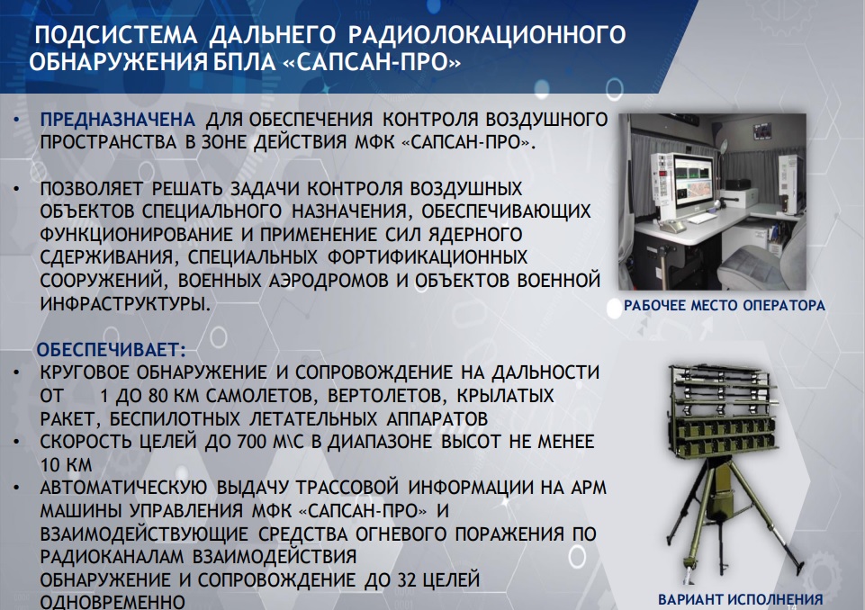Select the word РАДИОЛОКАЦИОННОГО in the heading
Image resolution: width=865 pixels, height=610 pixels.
pos(487,36)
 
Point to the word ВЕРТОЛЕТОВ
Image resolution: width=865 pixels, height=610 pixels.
pos(356,395)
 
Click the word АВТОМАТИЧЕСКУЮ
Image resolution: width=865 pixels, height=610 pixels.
pos(128,488)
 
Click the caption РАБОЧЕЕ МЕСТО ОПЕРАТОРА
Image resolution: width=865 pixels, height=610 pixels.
pos(724,305)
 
